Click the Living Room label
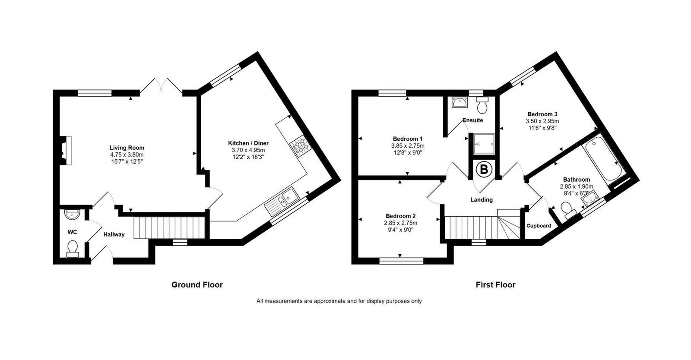tap(127, 148)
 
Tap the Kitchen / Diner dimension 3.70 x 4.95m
tap(248, 150)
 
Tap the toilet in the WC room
tap(73, 249)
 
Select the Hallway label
tap(114, 234)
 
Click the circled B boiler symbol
tap(483, 169)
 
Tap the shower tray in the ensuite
tap(484, 144)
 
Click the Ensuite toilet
tap(482, 105)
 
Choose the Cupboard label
tap(539, 226)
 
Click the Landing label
tap(482, 200)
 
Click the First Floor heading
tap(495, 285)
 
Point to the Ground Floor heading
tap(197, 285)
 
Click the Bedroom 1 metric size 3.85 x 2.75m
tap(408, 146)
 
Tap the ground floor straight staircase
tap(169, 228)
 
